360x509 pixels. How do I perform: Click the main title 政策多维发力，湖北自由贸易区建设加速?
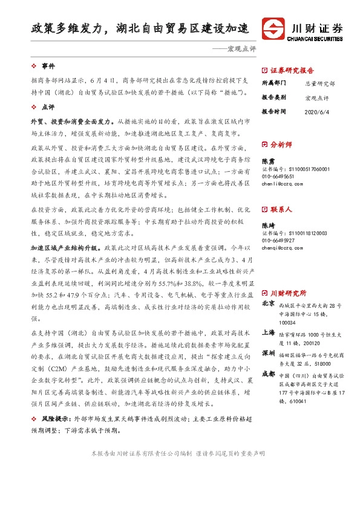[x=141, y=28]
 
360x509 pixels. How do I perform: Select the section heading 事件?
[x=48, y=65]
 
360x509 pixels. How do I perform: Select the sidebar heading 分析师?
[x=281, y=145]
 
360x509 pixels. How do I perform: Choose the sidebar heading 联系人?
[x=281, y=209]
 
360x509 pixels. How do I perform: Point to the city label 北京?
[x=269, y=305]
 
